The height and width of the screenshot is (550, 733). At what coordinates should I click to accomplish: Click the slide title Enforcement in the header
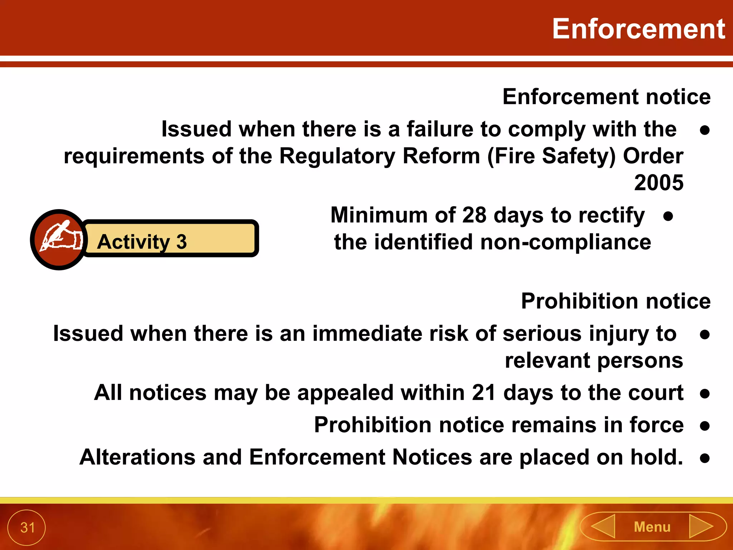coord(638,29)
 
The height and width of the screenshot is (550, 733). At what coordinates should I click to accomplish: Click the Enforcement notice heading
coord(606,97)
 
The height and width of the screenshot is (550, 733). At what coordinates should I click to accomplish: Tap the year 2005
coord(659,183)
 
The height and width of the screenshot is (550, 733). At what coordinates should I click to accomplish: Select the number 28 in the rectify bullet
coord(474,215)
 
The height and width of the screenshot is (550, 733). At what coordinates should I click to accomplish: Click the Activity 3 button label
coord(142,242)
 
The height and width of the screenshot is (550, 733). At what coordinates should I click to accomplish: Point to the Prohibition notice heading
coord(616,301)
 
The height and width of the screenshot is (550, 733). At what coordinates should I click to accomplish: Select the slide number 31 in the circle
coord(27,527)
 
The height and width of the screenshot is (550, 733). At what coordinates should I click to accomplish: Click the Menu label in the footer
coord(652,527)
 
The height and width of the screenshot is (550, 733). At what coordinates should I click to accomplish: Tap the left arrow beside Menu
coord(603,526)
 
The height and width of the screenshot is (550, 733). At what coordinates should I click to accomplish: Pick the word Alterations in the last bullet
coord(137,457)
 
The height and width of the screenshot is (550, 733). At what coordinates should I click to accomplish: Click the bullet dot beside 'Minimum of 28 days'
coord(668,216)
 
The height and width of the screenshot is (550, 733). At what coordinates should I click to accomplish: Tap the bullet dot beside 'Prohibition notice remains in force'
coord(705,426)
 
